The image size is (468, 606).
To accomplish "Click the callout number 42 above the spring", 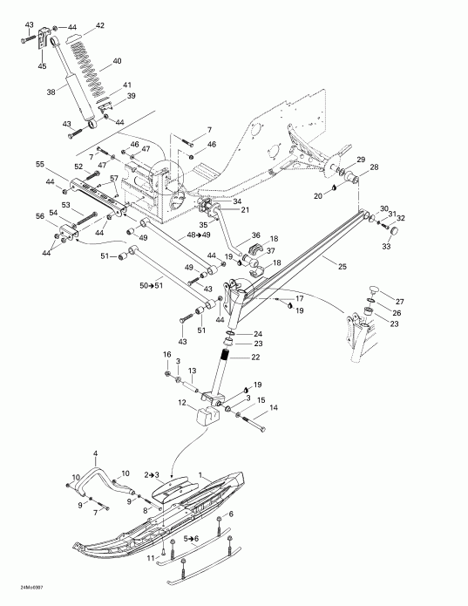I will pos(99,26).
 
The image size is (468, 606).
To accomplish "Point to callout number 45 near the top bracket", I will pos(43,65).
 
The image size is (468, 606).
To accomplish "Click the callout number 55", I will pos(39,164).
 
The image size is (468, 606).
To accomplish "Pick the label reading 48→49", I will pos(199,235).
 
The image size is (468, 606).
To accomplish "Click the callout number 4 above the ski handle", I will pos(96,453).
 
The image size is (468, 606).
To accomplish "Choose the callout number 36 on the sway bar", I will pos(256,235).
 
